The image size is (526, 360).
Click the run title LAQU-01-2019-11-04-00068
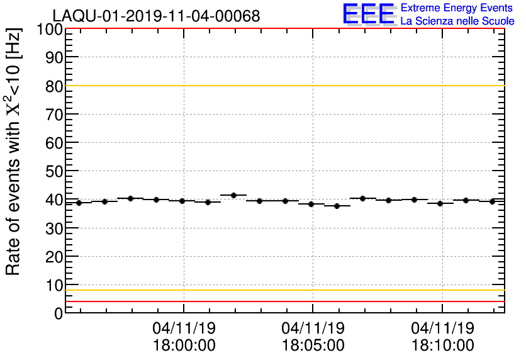click(156, 16)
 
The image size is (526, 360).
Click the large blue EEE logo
click(369, 14)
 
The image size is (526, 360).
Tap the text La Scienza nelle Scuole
click(457, 21)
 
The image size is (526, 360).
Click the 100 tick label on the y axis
click(49, 30)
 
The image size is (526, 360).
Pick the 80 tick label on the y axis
click(54, 86)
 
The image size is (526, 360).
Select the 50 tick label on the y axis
click(54, 171)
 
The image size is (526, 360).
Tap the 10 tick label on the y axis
click(54, 284)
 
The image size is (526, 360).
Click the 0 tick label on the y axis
click(59, 313)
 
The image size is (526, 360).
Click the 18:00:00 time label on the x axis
click(184, 345)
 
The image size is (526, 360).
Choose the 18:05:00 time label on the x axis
click(313, 345)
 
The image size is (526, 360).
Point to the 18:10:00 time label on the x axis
click(442, 345)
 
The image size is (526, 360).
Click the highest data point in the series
click(233, 196)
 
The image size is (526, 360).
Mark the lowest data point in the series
click(337, 206)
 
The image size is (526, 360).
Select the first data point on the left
click(79, 203)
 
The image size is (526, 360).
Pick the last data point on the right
click(492, 201)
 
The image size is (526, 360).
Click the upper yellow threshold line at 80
click(283, 86)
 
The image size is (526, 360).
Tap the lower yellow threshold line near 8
click(283, 290)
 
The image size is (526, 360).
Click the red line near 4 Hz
click(283, 301)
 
